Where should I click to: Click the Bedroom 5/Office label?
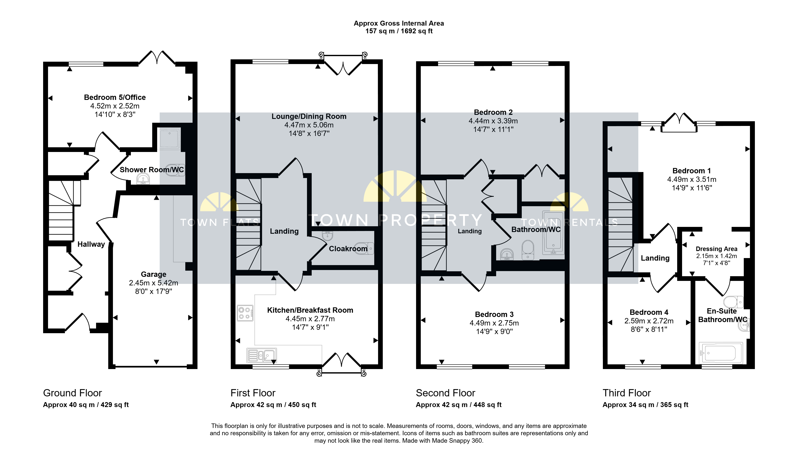(115, 97)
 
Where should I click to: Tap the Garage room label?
(153, 274)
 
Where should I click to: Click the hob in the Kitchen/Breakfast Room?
(245, 313)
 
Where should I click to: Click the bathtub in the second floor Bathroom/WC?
(553, 233)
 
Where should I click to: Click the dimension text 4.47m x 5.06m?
(309, 125)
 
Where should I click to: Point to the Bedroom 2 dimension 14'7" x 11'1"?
(493, 129)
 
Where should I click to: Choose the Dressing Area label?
(716, 249)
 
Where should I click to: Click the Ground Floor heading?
(72, 393)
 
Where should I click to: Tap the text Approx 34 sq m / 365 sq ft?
(645, 405)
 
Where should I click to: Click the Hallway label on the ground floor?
(91, 244)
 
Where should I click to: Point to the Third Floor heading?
(627, 393)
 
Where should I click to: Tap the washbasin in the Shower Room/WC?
(143, 179)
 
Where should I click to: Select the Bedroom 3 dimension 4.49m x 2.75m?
(494, 323)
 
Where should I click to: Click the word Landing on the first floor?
(284, 231)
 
